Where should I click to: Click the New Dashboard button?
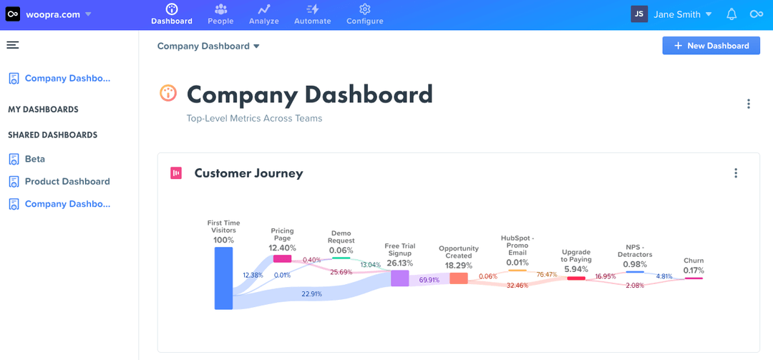711,46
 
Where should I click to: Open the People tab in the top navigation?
220,14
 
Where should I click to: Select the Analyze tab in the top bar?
263,14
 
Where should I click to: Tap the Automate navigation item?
313,14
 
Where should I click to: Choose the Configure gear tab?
364,14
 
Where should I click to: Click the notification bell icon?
731,14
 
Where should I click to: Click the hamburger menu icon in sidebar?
13,45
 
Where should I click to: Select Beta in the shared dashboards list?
34,159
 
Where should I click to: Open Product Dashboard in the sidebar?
67,182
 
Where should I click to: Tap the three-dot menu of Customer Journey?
735,173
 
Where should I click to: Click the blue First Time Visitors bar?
223,278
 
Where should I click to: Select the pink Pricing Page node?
282,258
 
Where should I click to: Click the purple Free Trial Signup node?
399,278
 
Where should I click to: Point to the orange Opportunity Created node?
458,278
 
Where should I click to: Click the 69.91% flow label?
429,280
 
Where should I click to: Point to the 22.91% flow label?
311,293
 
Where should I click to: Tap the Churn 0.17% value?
693,271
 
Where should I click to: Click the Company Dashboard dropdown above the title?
208,47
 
